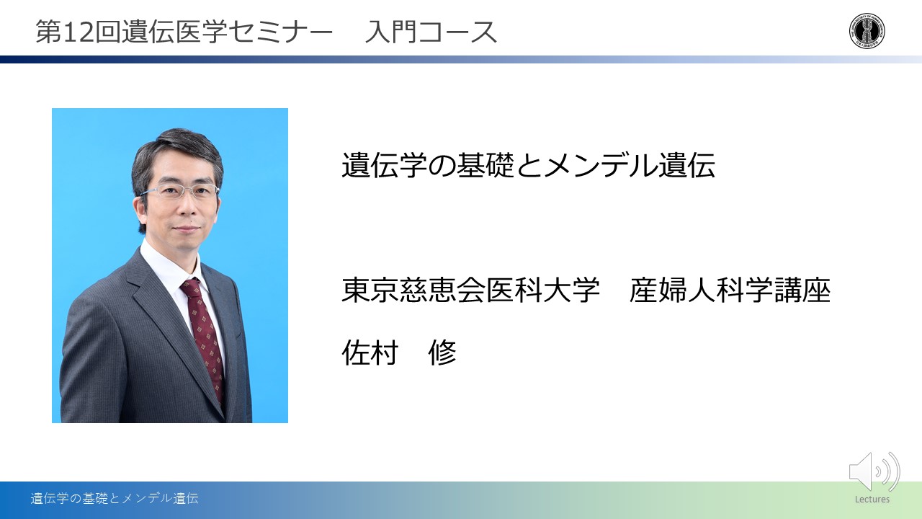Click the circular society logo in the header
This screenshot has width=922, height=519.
click(867, 30)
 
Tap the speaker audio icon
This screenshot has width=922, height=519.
click(874, 471)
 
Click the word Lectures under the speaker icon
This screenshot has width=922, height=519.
click(872, 500)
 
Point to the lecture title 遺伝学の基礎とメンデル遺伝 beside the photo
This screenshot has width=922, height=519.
click(528, 165)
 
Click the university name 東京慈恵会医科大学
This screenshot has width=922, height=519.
click(470, 290)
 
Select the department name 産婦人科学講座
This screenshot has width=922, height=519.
click(730, 290)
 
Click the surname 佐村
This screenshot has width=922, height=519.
click(370, 352)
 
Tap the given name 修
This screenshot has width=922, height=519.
click(442, 352)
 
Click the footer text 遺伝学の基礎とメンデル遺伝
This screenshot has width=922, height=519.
click(115, 498)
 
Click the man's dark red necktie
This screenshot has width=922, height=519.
click(205, 338)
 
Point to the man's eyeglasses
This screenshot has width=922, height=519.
click(181, 192)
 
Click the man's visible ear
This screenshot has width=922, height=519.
click(140, 206)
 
